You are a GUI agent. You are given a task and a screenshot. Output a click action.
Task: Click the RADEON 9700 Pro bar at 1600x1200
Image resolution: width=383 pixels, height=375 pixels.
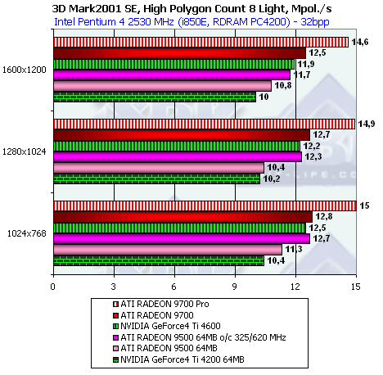pos(201,43)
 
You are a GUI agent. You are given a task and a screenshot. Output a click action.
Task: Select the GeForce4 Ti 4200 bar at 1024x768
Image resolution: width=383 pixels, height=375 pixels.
pos(159,260)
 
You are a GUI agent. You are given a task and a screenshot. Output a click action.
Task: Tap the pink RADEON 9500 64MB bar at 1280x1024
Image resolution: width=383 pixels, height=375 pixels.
pos(159,168)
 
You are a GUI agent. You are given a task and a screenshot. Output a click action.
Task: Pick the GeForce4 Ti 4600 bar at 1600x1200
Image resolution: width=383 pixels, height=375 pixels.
pos(174,64)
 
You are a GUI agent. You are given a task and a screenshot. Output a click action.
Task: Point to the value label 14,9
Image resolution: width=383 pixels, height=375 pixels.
pos(367,124)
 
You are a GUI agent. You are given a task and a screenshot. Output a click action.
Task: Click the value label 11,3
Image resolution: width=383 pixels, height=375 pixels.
pos(294,249)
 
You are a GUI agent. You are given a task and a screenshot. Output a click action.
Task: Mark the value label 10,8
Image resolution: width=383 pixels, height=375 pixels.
pos(283,85)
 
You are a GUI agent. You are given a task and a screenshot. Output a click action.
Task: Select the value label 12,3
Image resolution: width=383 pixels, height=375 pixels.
pos(313,156)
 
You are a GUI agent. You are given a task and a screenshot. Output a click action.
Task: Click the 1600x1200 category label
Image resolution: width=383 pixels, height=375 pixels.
pos(25,70)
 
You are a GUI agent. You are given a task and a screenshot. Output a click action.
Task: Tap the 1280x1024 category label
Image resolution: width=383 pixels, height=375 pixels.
pos(25,151)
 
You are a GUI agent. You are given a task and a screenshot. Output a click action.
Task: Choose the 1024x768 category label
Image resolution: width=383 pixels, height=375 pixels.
pos(27,233)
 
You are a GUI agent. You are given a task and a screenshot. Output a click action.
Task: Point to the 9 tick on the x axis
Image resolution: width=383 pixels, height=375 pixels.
pos(235,287)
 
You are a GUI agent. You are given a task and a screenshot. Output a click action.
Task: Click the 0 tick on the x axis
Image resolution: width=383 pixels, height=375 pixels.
pos(53,287)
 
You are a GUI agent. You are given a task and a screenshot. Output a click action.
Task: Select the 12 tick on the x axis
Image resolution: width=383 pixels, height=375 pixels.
pos(295,287)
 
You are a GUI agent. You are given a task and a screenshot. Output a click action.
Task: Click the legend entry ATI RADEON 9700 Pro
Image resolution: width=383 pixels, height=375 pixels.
pos(161,304)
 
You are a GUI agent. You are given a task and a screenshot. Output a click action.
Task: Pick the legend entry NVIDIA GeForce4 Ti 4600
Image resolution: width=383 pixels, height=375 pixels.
pos(167,326)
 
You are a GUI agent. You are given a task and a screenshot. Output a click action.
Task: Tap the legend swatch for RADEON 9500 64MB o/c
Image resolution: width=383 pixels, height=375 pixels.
pos(115,337)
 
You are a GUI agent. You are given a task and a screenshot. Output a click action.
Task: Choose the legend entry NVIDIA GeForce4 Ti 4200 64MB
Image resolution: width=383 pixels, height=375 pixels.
pos(178,359)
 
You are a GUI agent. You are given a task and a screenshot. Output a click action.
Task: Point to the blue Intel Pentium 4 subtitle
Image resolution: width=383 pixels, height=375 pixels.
pos(191,22)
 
